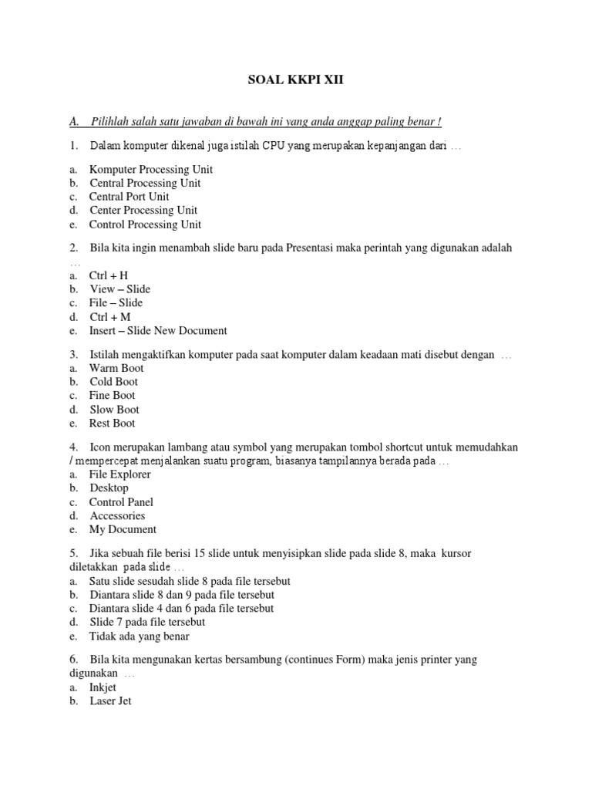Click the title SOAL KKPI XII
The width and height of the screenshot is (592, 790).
(x=295, y=79)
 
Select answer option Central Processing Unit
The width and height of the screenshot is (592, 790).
(x=145, y=183)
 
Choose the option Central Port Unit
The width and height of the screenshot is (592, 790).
(x=129, y=197)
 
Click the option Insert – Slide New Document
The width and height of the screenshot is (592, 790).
(x=158, y=331)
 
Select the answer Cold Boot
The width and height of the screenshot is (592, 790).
(x=114, y=382)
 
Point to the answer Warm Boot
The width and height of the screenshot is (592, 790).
(x=116, y=368)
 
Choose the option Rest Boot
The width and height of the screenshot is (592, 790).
(x=113, y=424)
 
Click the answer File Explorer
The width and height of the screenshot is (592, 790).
(x=120, y=474)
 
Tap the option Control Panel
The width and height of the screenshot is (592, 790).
(x=122, y=502)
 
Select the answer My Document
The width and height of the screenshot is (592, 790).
(x=123, y=530)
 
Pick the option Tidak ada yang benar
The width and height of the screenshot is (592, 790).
(x=140, y=636)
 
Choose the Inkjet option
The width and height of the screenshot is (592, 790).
(x=103, y=687)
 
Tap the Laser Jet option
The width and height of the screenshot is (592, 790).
(x=110, y=701)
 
